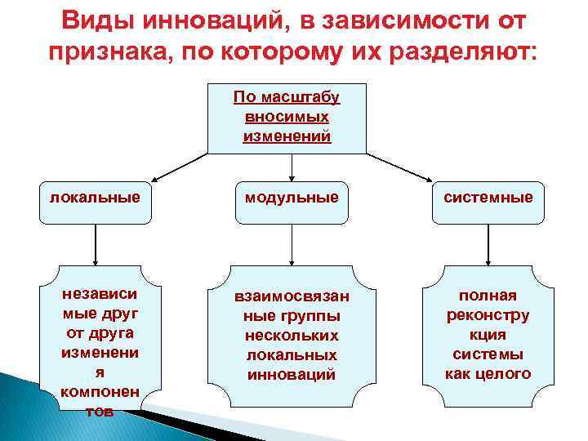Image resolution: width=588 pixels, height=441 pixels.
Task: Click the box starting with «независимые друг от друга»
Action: point(98,343)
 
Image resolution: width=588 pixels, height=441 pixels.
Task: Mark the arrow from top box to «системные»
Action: point(399,166)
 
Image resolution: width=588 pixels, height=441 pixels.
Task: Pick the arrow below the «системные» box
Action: point(488,245)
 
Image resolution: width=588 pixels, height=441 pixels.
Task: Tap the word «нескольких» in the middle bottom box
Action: point(292,336)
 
